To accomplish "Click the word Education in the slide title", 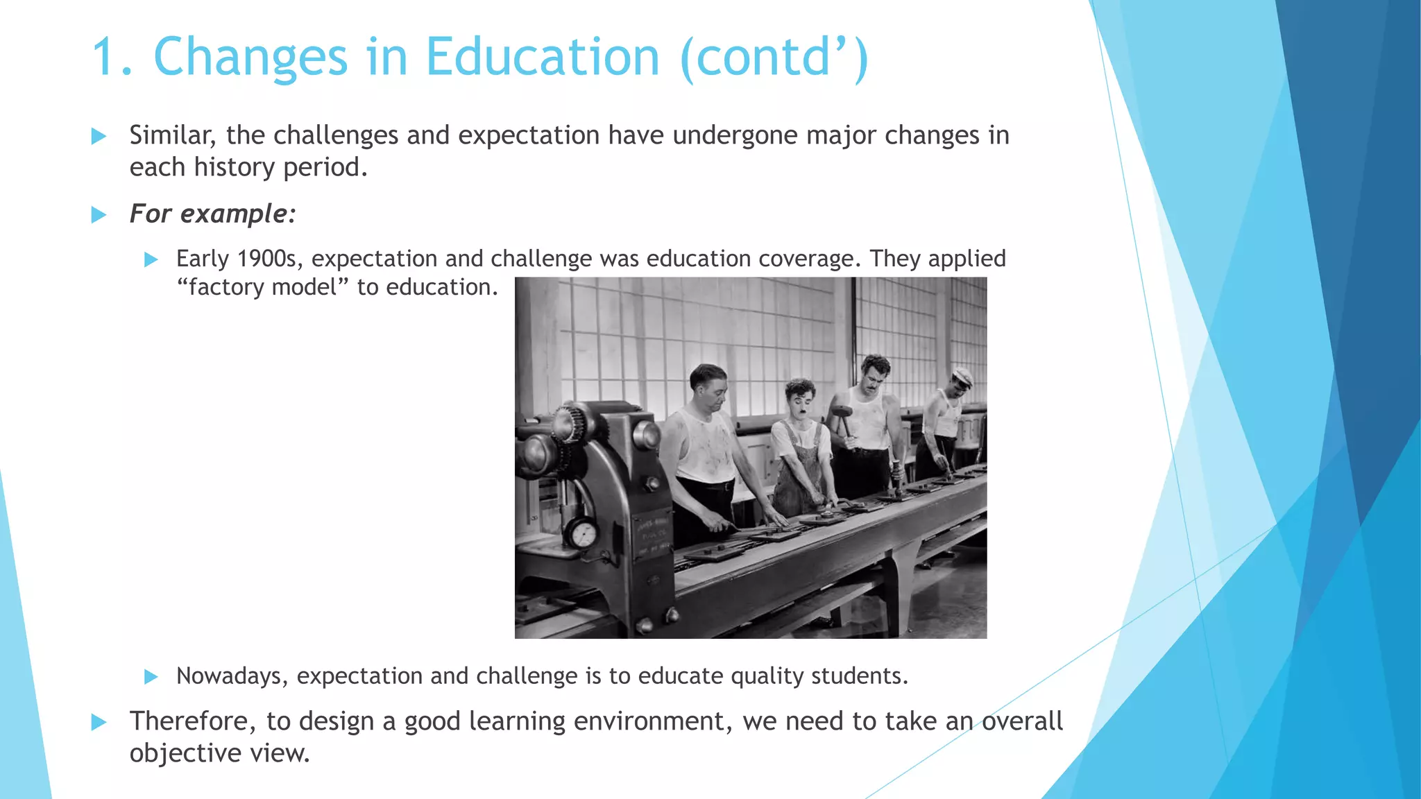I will pyautogui.click(x=542, y=57).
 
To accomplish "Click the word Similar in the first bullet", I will pyautogui.click(x=172, y=135).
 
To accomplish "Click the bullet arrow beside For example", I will pyautogui.click(x=99, y=215).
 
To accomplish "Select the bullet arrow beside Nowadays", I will pyautogui.click(x=151, y=677).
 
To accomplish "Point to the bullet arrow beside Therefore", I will pyautogui.click(x=99, y=723).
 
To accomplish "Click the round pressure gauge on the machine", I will pyautogui.click(x=584, y=534).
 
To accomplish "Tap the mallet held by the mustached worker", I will pyautogui.click(x=842, y=413).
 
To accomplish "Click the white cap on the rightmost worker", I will pyautogui.click(x=962, y=377).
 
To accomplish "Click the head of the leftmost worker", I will pyautogui.click(x=709, y=385).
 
